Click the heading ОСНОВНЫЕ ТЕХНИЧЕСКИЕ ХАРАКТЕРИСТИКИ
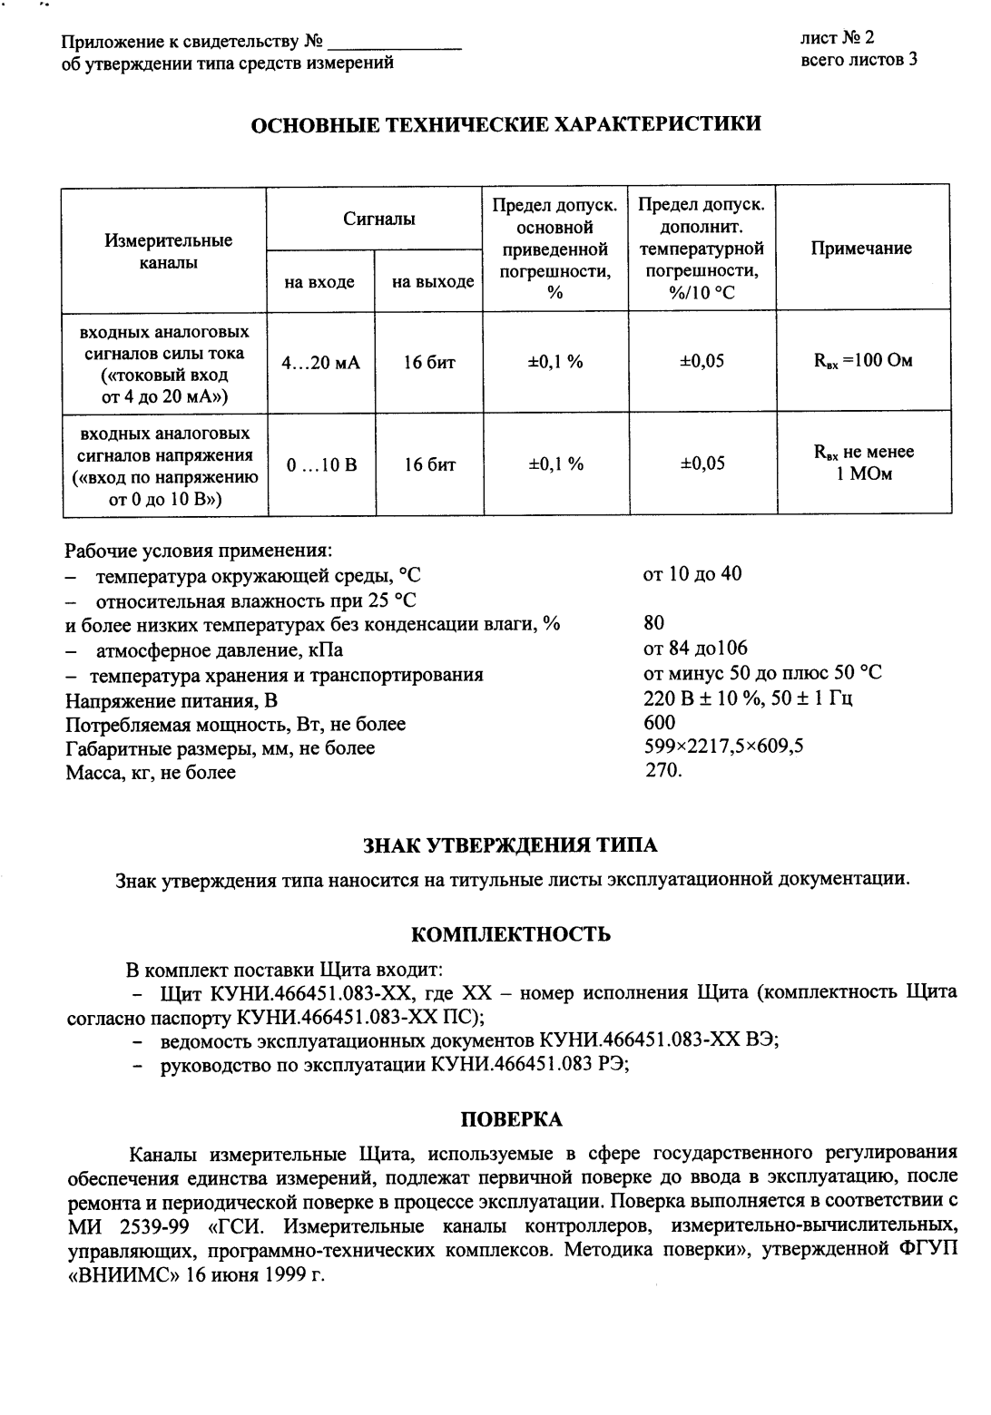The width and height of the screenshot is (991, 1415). [505, 124]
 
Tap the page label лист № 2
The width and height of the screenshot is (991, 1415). [837, 38]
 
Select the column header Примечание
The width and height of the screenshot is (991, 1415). [861, 249]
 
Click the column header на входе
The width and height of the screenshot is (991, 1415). [319, 282]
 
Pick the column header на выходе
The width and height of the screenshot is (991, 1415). [433, 282]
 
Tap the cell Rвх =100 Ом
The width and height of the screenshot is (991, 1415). [862, 362]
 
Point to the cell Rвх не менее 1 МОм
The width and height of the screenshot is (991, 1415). [863, 464]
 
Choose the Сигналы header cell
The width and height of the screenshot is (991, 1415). [379, 219]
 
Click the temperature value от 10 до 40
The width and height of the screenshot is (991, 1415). [692, 574]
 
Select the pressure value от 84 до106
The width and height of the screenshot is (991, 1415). [694, 648]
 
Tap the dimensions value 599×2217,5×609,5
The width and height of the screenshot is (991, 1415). [722, 747]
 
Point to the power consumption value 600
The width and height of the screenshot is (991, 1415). [659, 722]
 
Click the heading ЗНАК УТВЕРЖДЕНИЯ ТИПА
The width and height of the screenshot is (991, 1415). [510, 845]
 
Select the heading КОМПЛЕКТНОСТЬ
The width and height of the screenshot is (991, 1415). [510, 934]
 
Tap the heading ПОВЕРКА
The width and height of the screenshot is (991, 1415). [512, 1119]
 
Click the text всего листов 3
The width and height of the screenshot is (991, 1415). [859, 61]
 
